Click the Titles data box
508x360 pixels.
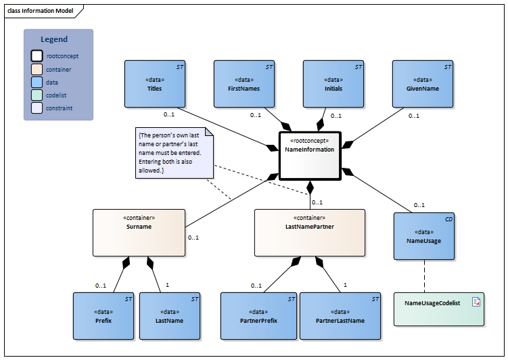[x=154, y=84]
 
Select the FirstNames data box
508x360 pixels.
[x=244, y=84]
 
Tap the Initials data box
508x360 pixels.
[x=333, y=84]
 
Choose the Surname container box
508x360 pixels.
[x=139, y=233]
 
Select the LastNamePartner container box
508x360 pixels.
[x=310, y=233]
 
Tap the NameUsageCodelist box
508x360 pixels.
[x=439, y=309]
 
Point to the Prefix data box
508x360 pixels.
[x=103, y=315]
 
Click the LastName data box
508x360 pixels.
[x=170, y=315]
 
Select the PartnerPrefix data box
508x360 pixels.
[x=259, y=315]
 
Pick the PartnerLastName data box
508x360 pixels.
[x=340, y=315]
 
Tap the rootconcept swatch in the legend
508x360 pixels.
[x=37, y=56]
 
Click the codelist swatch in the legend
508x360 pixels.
[x=37, y=95]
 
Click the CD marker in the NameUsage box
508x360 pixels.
[x=447, y=219]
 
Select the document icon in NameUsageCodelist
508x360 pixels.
[x=476, y=302]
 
